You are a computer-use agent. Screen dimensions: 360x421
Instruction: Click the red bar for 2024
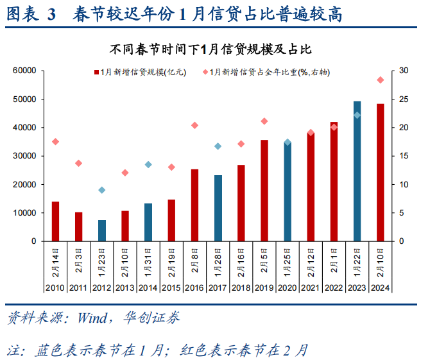click(x=381, y=172)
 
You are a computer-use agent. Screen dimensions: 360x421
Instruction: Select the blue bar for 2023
click(x=357, y=171)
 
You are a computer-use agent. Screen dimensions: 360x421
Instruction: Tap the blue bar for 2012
click(x=102, y=230)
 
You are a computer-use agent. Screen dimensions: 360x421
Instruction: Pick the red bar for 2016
click(x=195, y=205)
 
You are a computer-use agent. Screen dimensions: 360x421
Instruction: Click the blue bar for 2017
click(x=218, y=208)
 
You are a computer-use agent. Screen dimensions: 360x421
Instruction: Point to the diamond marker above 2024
click(x=381, y=80)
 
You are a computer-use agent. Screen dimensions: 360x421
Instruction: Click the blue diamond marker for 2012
click(x=102, y=190)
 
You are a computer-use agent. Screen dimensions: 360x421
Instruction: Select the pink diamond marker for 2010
click(x=56, y=141)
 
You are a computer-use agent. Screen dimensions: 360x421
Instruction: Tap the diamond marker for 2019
click(x=264, y=121)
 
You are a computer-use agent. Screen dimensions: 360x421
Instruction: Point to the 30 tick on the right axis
click(x=402, y=71)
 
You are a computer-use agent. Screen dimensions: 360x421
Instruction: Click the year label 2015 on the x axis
click(x=171, y=287)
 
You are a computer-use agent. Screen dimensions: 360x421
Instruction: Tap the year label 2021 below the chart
click(x=311, y=287)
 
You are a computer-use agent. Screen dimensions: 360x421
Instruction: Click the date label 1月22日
click(x=357, y=261)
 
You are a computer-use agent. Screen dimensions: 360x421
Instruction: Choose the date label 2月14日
click(x=56, y=261)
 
